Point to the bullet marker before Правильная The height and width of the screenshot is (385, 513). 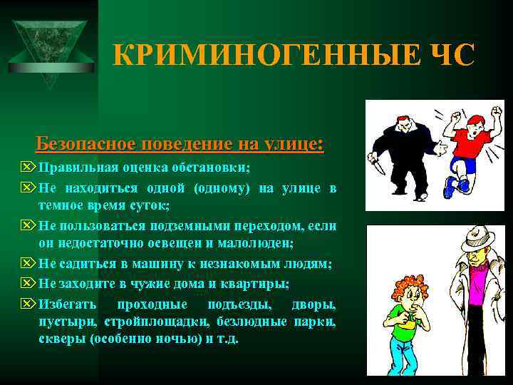click(x=28, y=168)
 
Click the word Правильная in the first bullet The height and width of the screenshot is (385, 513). click(x=78, y=168)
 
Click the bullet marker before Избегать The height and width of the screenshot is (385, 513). click(x=28, y=304)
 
